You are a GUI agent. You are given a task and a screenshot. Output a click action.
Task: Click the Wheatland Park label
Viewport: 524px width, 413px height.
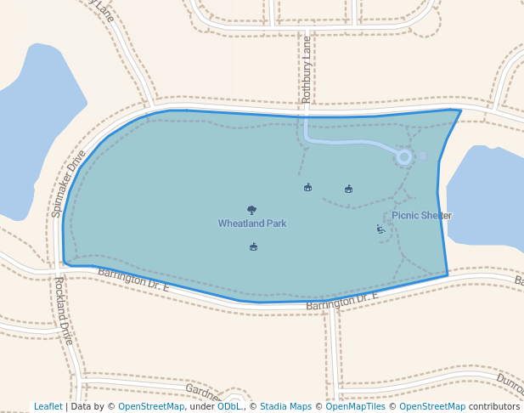(252, 223)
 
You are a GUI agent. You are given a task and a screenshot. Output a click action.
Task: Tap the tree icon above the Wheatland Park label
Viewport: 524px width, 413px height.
(251, 210)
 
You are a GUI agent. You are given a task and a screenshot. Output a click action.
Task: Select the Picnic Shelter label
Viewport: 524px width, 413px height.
(422, 216)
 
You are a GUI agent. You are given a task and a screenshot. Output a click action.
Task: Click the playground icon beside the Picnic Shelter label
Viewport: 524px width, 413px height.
(380, 229)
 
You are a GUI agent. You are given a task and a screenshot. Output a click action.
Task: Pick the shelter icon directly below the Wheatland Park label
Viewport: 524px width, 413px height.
(253, 247)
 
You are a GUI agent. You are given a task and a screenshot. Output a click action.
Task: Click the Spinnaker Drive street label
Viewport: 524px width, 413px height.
(69, 184)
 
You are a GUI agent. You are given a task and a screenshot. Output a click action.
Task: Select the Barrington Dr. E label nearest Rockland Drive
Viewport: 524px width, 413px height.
(134, 280)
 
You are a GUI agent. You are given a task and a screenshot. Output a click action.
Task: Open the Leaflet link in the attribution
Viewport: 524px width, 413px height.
(48, 406)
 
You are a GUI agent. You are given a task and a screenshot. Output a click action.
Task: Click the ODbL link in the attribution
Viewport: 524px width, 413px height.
(229, 406)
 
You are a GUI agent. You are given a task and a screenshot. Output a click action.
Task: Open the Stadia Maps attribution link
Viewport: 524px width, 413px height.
(284, 406)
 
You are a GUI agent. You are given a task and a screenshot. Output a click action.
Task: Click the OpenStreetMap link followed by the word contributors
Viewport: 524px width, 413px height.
(432, 406)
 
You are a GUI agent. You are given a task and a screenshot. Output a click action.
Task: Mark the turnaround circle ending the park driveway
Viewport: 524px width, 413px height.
(404, 156)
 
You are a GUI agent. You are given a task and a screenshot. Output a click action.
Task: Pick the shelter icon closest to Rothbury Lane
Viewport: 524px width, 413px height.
(307, 187)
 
